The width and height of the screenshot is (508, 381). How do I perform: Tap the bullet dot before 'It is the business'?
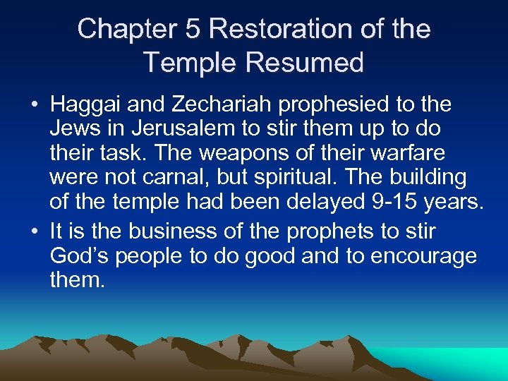point(35,231)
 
